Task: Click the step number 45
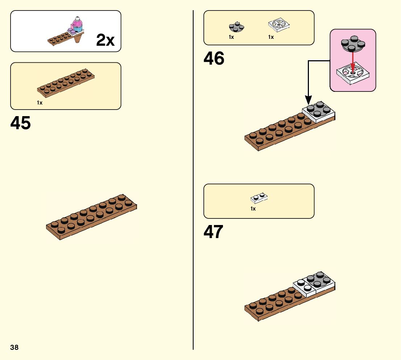pos(21,123)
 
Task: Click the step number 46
pos(214,58)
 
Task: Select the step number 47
pos(213,232)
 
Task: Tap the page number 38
pos(15,348)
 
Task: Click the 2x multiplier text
pos(105,40)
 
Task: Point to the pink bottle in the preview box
pos(77,23)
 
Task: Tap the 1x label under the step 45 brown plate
pos(40,103)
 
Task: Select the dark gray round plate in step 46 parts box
pos(236,26)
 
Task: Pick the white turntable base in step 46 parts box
pos(278,25)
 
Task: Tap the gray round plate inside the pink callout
pos(353,44)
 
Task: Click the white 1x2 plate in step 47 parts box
pos(259,197)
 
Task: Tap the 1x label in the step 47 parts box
pos(253,209)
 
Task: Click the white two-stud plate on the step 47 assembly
pos(305,286)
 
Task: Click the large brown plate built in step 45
pos(92,217)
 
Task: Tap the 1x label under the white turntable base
pos(271,37)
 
